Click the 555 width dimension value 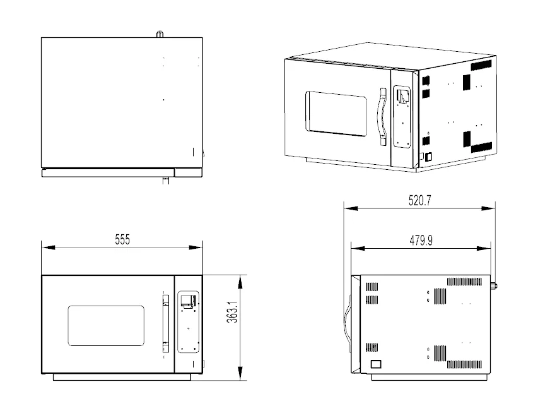tap(122, 239)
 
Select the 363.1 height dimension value tap(233, 312)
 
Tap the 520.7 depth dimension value tap(420, 200)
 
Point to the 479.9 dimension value tap(421, 241)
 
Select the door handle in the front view tap(165, 324)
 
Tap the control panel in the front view tap(189, 321)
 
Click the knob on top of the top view tap(160, 34)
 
